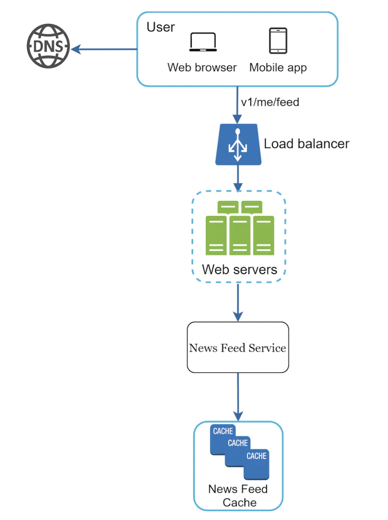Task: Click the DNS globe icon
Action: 48,46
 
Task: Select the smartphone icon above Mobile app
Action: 278,41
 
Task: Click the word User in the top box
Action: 161,27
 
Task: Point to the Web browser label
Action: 202,68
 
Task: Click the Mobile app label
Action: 278,68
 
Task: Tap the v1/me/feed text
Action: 270,102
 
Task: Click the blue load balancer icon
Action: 237,144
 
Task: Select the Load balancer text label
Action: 306,144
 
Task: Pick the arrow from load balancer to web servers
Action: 237,178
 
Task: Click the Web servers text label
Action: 239,269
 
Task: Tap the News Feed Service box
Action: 237,347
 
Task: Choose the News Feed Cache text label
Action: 238,495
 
